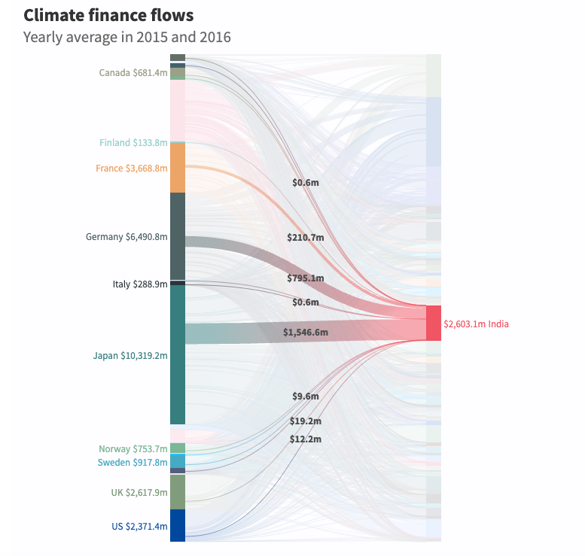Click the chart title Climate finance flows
(108, 15)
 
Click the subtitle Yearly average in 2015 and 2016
(126, 37)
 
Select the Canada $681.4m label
(133, 73)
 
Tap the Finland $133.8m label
(133, 143)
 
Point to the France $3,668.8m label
(131, 169)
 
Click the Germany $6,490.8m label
(126, 237)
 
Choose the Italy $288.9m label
(139, 284)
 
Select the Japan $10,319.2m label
(129, 356)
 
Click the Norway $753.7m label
(133, 449)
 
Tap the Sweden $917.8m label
(132, 463)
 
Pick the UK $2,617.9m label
(139, 493)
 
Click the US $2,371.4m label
(139, 526)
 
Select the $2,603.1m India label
(476, 324)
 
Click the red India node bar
(434, 324)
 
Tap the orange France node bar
(178, 167)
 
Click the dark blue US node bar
(178, 525)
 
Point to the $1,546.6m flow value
(306, 332)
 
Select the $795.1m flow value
(306, 278)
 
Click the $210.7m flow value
(306, 238)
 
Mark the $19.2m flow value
(306, 421)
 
